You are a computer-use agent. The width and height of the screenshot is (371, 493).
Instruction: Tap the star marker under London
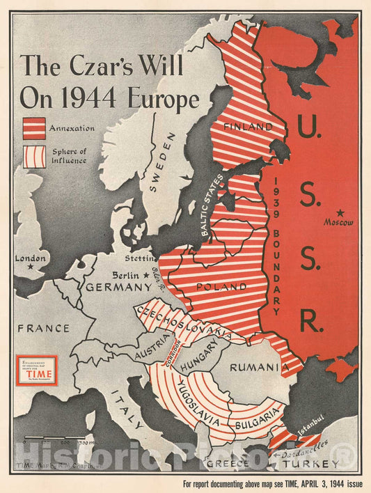pyautogui.click(x=31, y=267)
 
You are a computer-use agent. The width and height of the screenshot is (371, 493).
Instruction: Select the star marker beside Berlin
pyautogui.click(x=145, y=276)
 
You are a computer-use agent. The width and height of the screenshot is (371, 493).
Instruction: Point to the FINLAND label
pyautogui.click(x=248, y=127)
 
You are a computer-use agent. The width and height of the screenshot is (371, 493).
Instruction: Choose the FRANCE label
pyautogui.click(x=44, y=328)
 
